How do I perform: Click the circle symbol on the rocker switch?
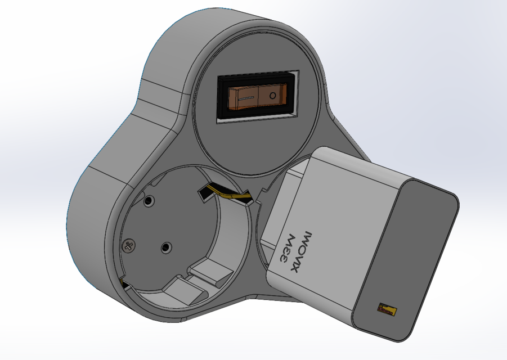point(273,96)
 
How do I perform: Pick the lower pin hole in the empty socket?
point(165,247)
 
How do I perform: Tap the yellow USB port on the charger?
point(387,309)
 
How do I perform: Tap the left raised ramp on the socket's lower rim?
point(179,291)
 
